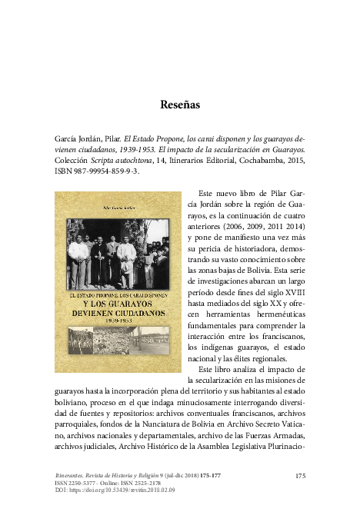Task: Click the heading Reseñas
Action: tap(180, 104)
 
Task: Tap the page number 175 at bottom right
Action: tap(300, 477)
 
